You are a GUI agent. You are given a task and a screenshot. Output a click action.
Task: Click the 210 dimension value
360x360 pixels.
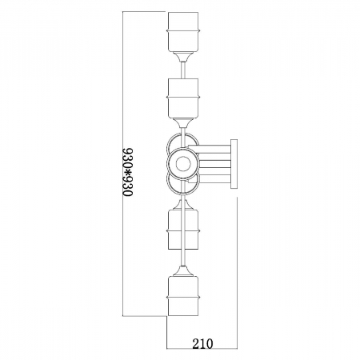pyautogui.click(x=202, y=344)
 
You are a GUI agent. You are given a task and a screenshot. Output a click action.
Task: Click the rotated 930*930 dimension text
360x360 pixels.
pyautogui.click(x=127, y=172)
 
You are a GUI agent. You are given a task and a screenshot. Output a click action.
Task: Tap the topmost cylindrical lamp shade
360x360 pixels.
pyautogui.click(x=183, y=32)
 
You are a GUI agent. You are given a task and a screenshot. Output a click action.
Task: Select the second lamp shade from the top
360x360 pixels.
pyautogui.click(x=183, y=98)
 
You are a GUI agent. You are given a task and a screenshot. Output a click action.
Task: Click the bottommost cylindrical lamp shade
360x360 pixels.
pyautogui.click(x=183, y=296)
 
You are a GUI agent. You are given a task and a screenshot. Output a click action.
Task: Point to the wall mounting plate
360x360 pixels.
pyautogui.click(x=234, y=164)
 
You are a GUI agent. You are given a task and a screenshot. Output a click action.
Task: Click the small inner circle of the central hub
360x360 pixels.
pyautogui.click(x=183, y=164)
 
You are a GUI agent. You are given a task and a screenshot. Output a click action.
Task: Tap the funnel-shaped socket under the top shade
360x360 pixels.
pyautogui.click(x=183, y=57)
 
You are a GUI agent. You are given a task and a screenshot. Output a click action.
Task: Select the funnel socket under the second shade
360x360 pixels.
pyautogui.click(x=183, y=123)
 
